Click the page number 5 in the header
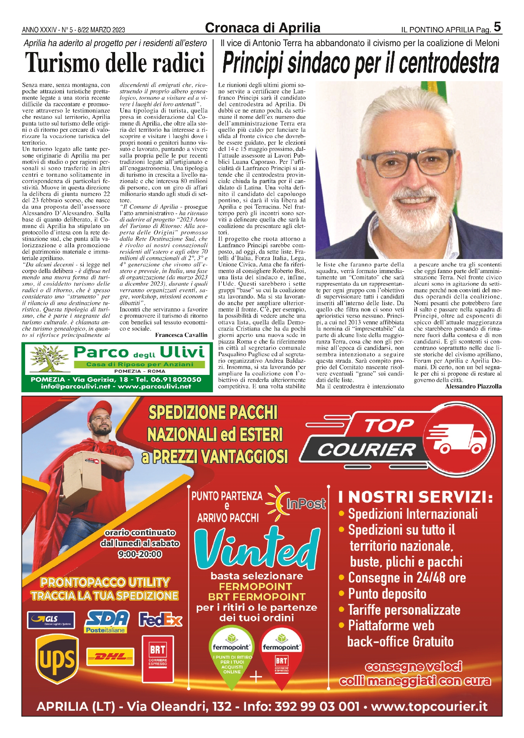pyautogui.click(x=497, y=27)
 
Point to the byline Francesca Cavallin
pyautogui.click(x=181, y=335)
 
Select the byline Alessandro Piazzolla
pyautogui.click(x=473, y=386)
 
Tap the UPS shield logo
pyautogui.click(x=57, y=659)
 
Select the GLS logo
pyautogui.click(x=51, y=620)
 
